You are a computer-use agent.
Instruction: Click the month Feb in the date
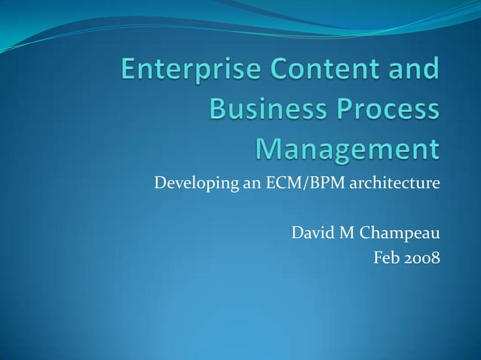point(387,258)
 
